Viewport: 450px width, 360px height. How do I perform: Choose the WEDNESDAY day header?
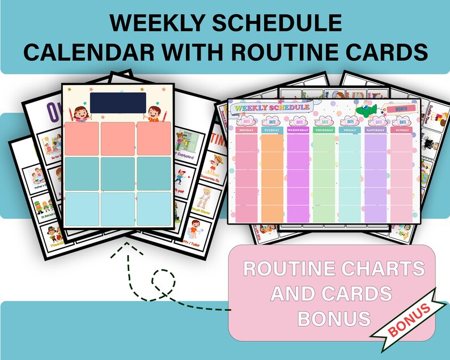click(x=299, y=130)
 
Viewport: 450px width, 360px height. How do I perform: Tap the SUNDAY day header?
click(x=402, y=130)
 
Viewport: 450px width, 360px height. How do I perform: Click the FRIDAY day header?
click(x=350, y=130)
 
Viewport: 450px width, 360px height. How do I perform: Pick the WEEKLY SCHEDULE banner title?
click(x=272, y=107)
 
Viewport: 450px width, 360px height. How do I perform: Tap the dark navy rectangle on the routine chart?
click(x=118, y=103)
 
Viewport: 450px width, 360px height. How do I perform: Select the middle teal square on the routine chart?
click(x=118, y=174)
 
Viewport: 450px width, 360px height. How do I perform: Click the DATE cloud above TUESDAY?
click(x=273, y=120)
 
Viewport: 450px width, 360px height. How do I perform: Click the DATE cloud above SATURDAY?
click(x=376, y=120)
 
